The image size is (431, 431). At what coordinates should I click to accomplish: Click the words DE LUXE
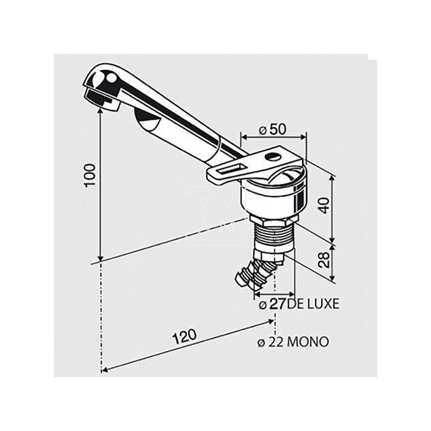pos(314,304)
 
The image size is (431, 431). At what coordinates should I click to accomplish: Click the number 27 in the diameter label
pos(278,304)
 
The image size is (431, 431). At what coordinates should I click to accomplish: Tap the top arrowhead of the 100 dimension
pos(100,107)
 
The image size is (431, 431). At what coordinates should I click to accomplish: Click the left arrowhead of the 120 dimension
pos(103,370)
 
